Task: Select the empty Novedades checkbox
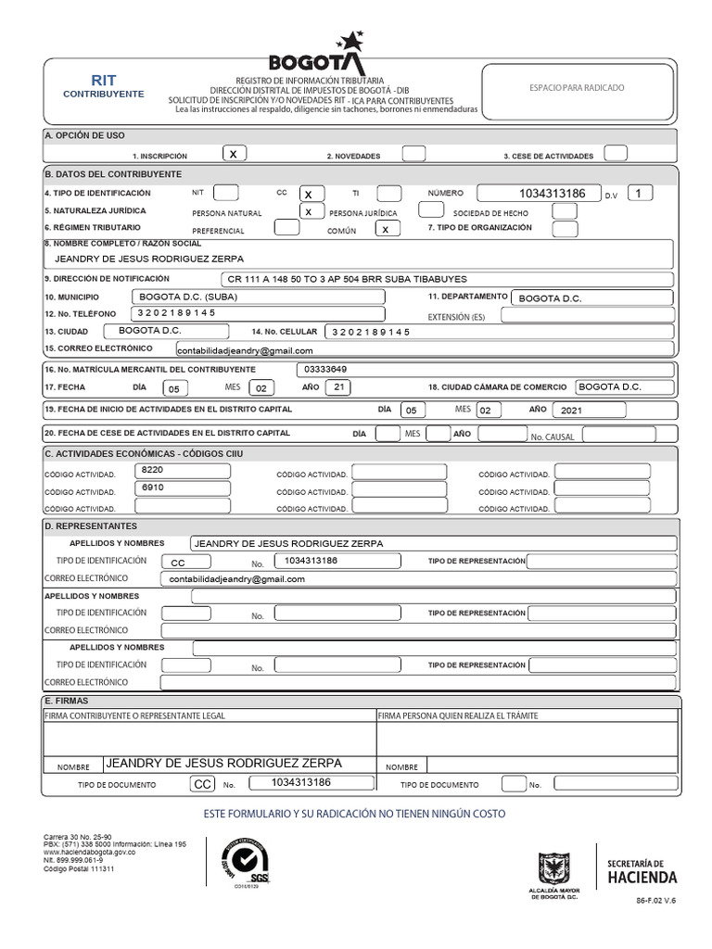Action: point(413,154)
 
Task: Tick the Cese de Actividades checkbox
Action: point(615,154)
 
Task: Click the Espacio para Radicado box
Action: point(577,89)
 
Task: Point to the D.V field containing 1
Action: point(640,193)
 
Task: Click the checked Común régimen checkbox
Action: point(388,228)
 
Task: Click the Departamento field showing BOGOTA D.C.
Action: point(592,297)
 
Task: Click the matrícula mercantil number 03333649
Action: point(352,368)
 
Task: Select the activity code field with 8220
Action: point(182,471)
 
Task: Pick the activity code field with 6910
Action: point(182,487)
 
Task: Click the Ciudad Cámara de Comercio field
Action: point(622,387)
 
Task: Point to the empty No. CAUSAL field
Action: point(626,434)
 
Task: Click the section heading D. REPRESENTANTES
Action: point(91,525)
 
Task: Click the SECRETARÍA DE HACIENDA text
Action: point(642,870)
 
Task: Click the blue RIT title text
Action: point(103,81)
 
